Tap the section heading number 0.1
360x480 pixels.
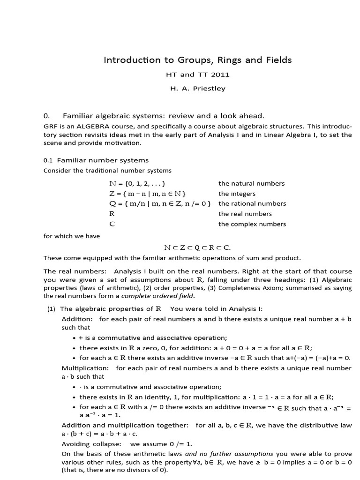pyautogui.click(x=49, y=160)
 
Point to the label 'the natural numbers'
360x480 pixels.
pyautogui.click(x=251, y=183)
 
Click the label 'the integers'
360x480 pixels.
pyautogui.click(x=237, y=194)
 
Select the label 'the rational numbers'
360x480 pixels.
pyautogui.click(x=252, y=204)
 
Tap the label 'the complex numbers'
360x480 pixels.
pyautogui.click(x=252, y=224)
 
